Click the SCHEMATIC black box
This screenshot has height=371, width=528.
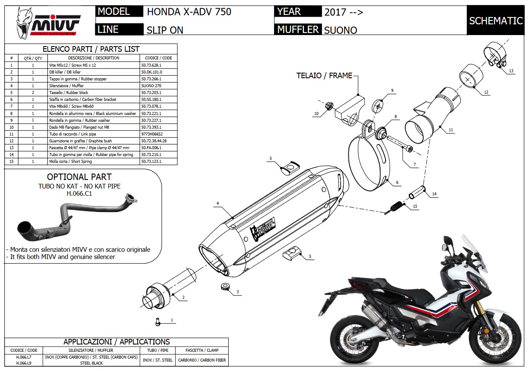click(x=496, y=21)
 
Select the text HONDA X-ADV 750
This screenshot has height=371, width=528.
click(x=189, y=12)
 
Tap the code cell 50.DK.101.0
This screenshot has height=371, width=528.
click(x=152, y=72)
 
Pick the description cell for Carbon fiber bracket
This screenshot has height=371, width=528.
click(x=93, y=100)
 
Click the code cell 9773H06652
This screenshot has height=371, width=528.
click(x=152, y=134)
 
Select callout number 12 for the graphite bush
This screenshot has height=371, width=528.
click(x=486, y=92)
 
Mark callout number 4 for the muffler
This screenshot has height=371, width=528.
click(x=218, y=203)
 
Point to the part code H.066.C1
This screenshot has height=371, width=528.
click(x=80, y=193)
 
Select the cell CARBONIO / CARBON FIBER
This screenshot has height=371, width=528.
click(x=202, y=360)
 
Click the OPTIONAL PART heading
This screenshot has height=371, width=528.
click(x=79, y=177)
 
